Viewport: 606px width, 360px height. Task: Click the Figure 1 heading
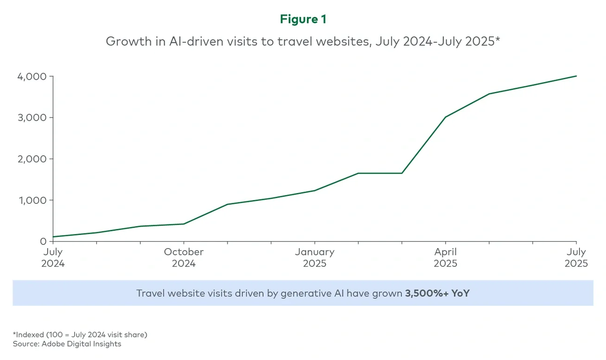click(x=303, y=19)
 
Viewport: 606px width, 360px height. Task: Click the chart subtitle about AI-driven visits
click(x=303, y=41)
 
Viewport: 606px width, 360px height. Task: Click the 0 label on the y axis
click(x=43, y=242)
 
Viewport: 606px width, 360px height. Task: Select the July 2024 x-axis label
click(x=53, y=257)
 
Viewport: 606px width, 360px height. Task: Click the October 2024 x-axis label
click(x=184, y=257)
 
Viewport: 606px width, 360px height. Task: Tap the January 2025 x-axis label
click(x=315, y=257)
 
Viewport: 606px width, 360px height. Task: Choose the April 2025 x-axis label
click(x=446, y=257)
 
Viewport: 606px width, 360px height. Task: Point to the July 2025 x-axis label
click(x=576, y=257)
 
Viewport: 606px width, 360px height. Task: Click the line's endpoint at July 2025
click(x=577, y=76)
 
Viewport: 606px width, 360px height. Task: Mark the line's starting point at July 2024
click(x=53, y=237)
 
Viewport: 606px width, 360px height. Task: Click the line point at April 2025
click(x=446, y=117)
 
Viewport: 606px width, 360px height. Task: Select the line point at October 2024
click(x=184, y=224)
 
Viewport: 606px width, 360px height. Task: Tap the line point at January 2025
click(x=315, y=190)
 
